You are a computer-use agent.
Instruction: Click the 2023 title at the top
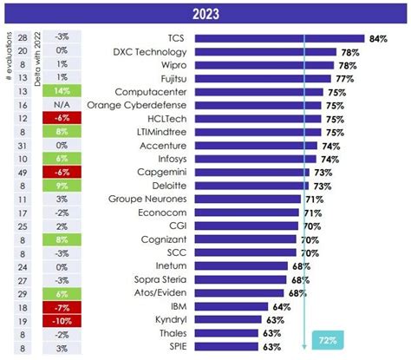205,12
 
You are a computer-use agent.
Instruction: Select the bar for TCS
278,39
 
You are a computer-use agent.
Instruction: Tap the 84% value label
377,39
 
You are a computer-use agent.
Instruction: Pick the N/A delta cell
62,103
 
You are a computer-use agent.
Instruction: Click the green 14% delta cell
62,90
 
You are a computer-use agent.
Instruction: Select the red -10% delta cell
62,320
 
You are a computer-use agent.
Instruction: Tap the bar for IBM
242,306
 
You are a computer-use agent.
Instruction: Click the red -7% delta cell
62,307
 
